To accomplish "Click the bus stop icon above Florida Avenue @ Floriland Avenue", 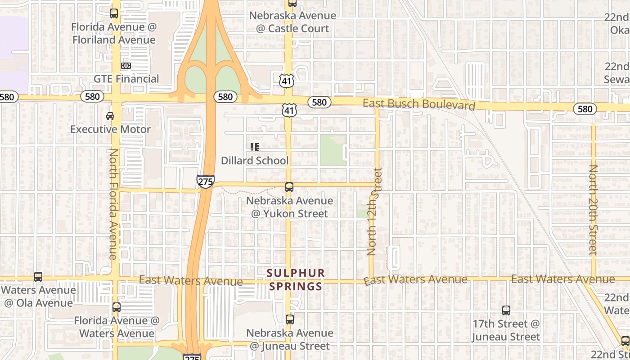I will click(114, 13).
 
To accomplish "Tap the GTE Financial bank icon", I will click(126, 66).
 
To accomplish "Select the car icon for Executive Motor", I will click(110, 116).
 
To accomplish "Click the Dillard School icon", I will click(255, 147).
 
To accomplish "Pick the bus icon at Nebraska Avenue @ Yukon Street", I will click(289, 187).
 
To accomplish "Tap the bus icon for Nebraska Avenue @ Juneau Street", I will click(290, 319).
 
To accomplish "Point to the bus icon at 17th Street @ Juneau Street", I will click(506, 310).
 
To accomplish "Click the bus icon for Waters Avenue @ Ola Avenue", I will click(38, 277).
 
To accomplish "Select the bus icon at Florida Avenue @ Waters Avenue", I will click(117, 307).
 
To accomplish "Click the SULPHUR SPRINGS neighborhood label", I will click(295, 279).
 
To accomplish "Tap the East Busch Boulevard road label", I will click(419, 104).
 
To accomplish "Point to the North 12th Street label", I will click(374, 211).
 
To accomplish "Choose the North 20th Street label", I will click(594, 210).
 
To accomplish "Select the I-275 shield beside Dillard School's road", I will click(205, 181).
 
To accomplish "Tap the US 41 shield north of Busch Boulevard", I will click(287, 81).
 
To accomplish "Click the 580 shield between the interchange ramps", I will click(225, 97).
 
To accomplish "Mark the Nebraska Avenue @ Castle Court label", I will click(292, 22).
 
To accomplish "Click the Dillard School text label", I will click(255, 161).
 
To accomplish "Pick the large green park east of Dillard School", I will click(333, 150).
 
